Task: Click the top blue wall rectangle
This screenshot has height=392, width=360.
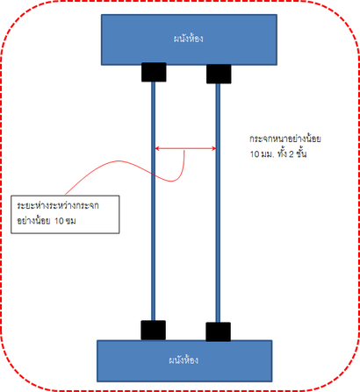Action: tap(189, 39)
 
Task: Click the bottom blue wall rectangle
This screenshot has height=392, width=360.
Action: tap(184, 361)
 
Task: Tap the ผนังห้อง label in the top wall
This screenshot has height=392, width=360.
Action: tap(189, 39)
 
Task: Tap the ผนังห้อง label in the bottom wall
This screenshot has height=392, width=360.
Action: tap(184, 360)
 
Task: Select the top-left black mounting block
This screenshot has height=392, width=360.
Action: tap(154, 72)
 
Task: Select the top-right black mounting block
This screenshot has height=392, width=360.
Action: tap(219, 74)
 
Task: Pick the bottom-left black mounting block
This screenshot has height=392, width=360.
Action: tap(154, 331)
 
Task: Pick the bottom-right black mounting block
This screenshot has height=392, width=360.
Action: tap(218, 332)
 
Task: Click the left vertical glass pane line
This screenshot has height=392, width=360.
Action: tap(153, 201)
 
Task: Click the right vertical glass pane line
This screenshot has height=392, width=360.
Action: tap(218, 203)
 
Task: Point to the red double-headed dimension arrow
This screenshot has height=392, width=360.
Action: tap(185, 148)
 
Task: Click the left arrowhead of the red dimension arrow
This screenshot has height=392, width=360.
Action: tap(156, 148)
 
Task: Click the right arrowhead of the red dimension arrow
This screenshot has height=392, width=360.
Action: tap(214, 148)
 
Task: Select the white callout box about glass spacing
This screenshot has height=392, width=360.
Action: tap(65, 215)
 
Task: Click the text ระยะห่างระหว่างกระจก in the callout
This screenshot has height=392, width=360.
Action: tap(58, 206)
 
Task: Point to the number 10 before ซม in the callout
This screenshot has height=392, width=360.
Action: tap(59, 221)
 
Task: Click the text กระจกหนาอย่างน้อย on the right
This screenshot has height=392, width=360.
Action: tap(285, 139)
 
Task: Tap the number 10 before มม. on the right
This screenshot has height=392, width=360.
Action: tap(255, 154)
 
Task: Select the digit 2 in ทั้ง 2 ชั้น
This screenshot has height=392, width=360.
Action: tap(292, 154)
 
